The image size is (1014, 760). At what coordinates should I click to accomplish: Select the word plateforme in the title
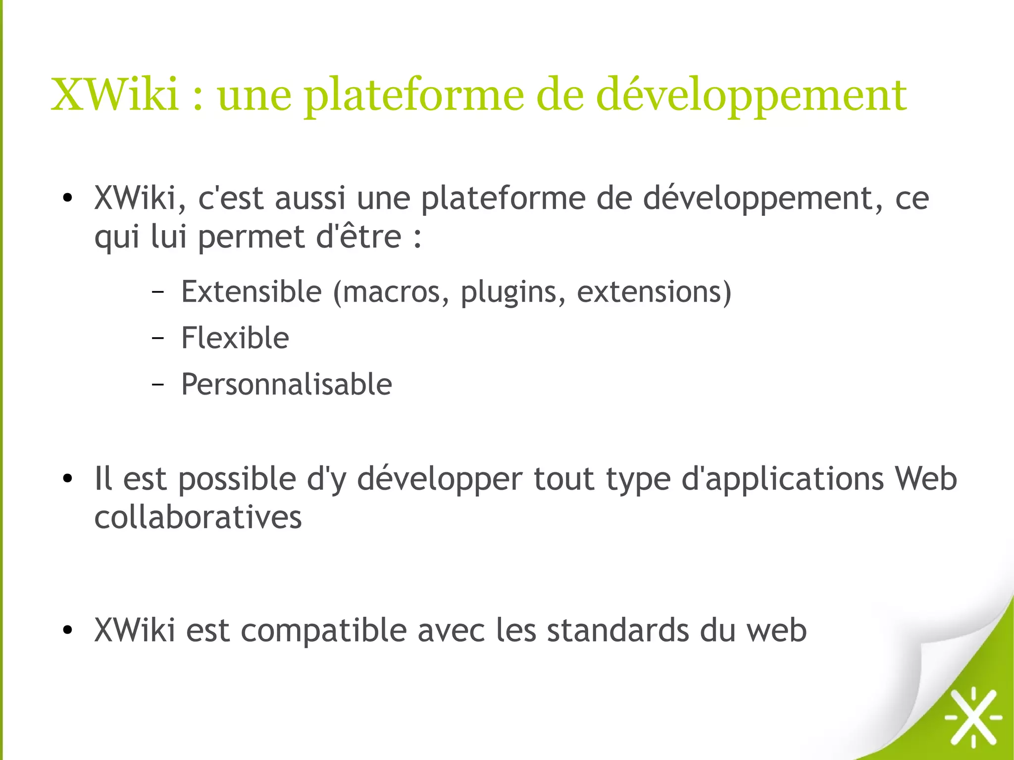pos(414,97)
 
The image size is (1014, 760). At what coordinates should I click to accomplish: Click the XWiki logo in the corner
pos(973,716)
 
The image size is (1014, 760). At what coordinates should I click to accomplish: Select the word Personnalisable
pos(287,384)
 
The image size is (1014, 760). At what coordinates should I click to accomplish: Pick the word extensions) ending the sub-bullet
pos(654,292)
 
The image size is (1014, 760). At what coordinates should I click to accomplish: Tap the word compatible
pos(324,630)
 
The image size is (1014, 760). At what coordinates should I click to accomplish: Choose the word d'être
pos(359,237)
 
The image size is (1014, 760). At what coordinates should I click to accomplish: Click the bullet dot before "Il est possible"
pos(68,479)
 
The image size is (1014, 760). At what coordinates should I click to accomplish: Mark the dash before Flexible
pos(157,338)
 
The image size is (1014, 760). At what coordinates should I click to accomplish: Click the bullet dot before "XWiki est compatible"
pos(68,630)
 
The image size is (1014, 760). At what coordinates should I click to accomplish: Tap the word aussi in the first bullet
pos(310,198)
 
